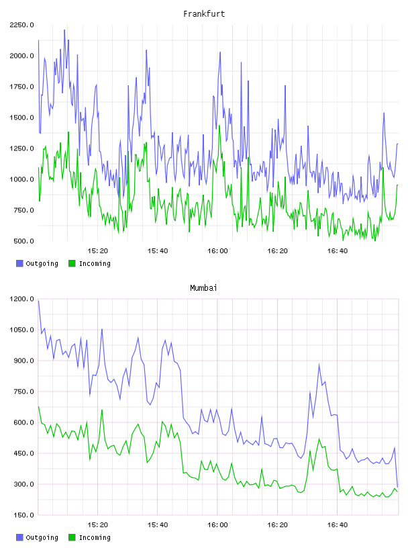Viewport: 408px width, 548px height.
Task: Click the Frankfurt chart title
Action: tap(204, 13)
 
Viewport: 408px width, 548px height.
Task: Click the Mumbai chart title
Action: tap(203, 287)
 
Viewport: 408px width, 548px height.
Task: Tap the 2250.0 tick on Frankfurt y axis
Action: tap(21, 25)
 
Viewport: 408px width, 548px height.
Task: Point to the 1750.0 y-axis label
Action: tap(21, 87)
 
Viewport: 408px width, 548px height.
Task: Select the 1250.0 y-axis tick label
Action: tap(21, 148)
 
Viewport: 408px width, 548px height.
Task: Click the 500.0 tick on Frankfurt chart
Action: tap(23, 241)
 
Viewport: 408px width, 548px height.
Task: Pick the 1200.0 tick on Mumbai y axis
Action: tap(21, 299)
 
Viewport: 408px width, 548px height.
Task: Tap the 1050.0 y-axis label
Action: tap(21, 330)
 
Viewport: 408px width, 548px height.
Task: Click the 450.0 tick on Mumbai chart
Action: tap(23, 453)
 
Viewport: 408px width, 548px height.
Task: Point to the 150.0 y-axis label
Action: tap(23, 515)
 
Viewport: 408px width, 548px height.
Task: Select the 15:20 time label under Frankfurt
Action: tap(97, 250)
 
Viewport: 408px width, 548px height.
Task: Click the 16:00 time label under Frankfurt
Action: tap(217, 250)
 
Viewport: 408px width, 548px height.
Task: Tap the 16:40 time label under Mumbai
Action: tap(337, 524)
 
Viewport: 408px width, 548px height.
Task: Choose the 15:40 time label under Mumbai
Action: tap(158, 524)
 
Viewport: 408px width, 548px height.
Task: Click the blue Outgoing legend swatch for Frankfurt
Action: tap(19, 263)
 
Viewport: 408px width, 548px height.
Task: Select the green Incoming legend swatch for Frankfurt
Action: tap(72, 263)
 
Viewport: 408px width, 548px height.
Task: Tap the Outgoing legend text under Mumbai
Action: tap(42, 537)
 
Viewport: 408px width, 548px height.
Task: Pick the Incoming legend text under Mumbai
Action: tap(95, 537)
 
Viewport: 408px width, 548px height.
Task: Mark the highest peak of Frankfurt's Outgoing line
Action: tap(64, 30)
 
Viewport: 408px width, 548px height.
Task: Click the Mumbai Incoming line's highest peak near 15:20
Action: tap(102, 410)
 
